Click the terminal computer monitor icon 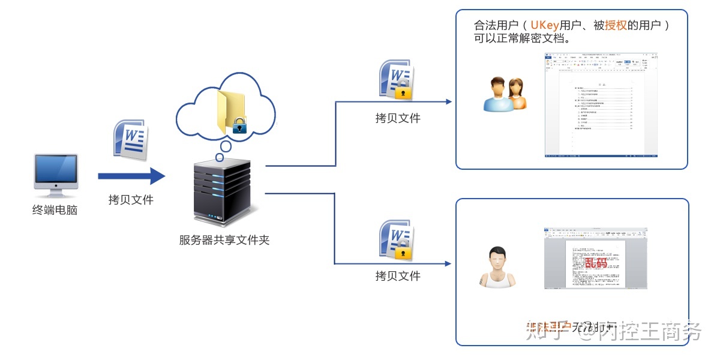click(x=56, y=174)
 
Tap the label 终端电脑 click(x=55, y=210)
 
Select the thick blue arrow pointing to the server click(x=131, y=176)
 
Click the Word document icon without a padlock click(x=130, y=140)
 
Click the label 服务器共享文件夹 click(x=224, y=240)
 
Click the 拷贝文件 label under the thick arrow click(x=131, y=200)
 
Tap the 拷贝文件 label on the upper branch click(x=398, y=118)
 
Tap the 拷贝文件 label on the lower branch click(x=398, y=276)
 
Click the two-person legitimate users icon click(x=505, y=94)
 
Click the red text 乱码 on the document click(x=596, y=262)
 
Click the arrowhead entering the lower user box click(x=448, y=263)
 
